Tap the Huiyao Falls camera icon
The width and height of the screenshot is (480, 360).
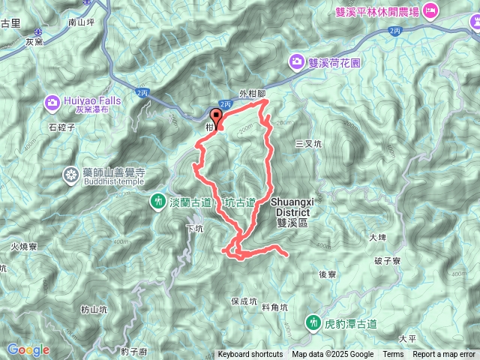[52, 101]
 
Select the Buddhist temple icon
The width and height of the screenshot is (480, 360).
[70, 175]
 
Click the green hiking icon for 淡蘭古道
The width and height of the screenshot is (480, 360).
[158, 200]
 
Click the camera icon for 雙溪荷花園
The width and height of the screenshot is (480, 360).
[297, 63]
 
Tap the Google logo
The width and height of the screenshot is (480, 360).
[28, 349]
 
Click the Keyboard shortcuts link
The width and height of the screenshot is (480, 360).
[250, 355]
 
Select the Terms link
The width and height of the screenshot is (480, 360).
[393, 355]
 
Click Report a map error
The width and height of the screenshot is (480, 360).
[444, 355]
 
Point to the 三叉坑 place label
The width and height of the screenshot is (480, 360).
[308, 142]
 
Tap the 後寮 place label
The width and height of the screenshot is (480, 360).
[327, 274]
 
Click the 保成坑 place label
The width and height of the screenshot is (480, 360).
[244, 301]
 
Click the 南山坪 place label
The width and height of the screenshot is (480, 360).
[80, 23]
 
